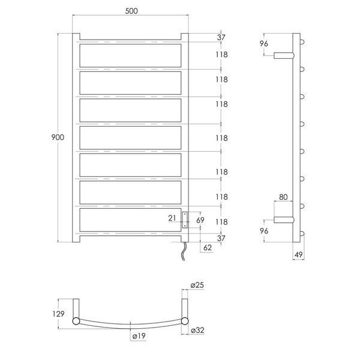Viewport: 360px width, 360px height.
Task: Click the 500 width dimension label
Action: tap(131, 11)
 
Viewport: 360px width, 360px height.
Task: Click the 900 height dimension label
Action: tap(58, 137)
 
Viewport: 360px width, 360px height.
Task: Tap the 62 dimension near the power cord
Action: tap(208, 247)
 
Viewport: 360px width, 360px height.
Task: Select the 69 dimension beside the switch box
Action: tap(200, 220)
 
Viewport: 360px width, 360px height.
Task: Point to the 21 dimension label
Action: tap(172, 218)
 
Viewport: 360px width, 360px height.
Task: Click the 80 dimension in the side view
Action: tap(283, 197)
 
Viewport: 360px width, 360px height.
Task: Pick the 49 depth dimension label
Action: tap(298, 254)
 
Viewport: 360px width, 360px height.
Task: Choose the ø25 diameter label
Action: tap(197, 285)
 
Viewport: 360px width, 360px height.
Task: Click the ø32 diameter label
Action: tap(197, 330)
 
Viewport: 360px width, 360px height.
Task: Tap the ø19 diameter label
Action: tap(139, 336)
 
